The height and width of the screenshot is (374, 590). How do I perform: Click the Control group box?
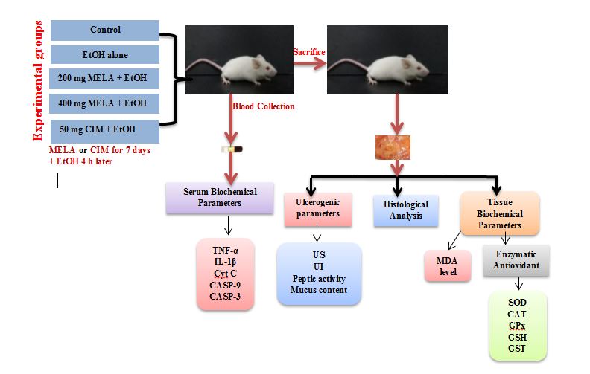point(105,30)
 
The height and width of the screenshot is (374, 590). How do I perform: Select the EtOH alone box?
point(105,55)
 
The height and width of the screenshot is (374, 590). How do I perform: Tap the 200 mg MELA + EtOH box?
point(105,78)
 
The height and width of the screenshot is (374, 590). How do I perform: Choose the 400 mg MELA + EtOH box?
point(105,103)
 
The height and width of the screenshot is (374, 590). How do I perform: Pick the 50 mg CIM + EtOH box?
point(105,131)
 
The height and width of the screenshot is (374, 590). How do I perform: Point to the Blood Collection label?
point(264,106)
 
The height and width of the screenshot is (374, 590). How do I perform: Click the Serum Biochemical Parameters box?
point(221,198)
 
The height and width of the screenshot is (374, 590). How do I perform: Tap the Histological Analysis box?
point(407,210)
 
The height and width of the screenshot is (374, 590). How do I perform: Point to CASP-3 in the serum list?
point(226,297)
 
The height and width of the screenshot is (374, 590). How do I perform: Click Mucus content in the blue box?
point(318,290)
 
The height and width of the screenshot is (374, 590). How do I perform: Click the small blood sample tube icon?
point(233,149)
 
